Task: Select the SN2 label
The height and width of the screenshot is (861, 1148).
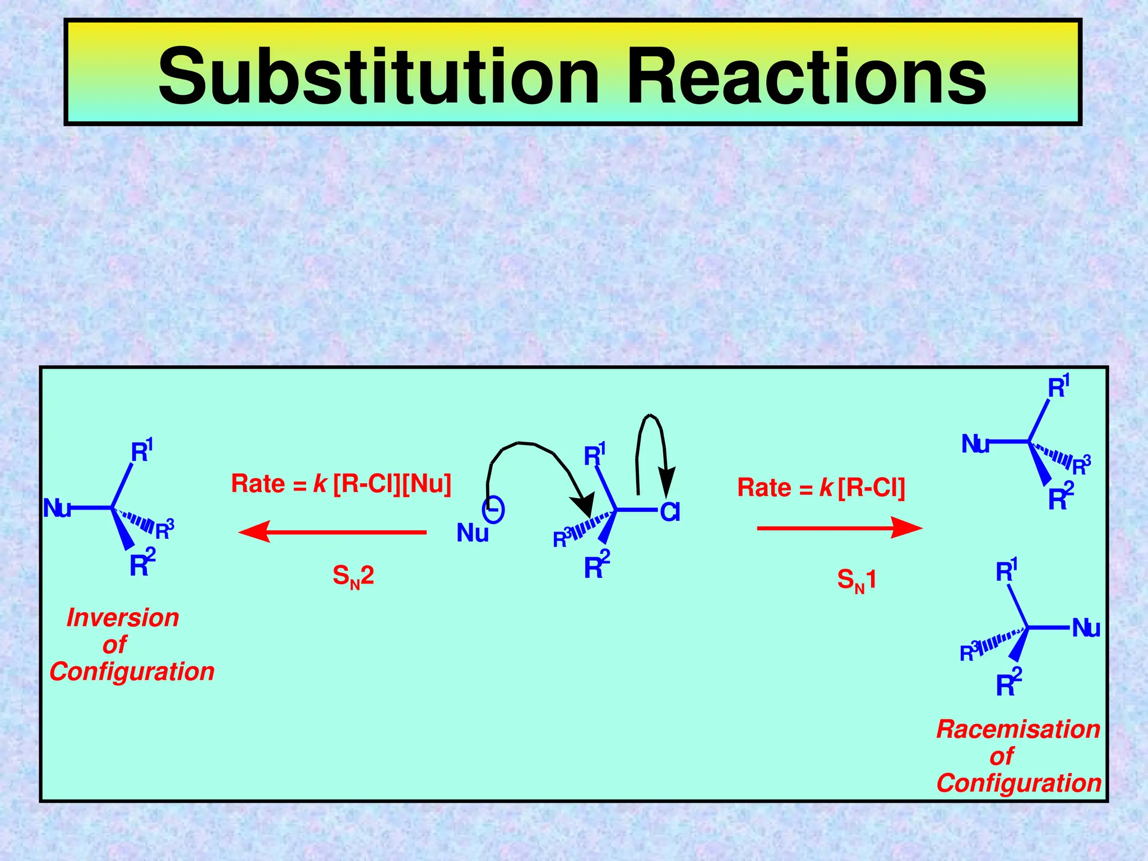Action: pos(353,576)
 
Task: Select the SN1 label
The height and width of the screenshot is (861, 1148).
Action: pos(856,580)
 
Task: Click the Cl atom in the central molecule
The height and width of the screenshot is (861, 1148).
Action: pos(670,512)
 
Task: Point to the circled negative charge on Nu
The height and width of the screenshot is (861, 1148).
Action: pos(493,510)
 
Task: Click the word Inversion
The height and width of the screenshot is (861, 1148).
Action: pos(123,618)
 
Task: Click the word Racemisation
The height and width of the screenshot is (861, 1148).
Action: pos(1018,729)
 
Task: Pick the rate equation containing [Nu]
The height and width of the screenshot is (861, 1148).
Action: pos(341,484)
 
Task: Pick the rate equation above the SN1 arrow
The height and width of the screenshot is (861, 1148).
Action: pos(821,488)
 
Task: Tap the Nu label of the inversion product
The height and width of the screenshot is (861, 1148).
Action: pos(57,508)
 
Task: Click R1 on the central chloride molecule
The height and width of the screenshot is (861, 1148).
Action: pos(594,455)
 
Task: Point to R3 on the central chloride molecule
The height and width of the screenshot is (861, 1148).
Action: pos(562,538)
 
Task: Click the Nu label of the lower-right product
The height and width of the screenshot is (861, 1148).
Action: pos(1086,628)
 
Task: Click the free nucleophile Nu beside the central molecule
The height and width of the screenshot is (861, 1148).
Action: pos(473,533)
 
